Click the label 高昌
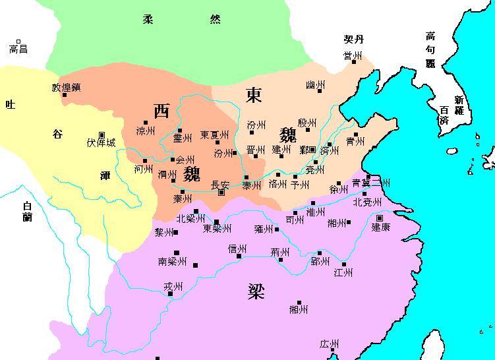click(x=18, y=49)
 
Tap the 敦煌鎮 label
click(x=66, y=87)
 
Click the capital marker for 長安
click(x=222, y=193)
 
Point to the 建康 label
click(x=380, y=227)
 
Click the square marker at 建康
click(x=380, y=218)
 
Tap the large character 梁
click(x=256, y=291)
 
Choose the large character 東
click(x=254, y=95)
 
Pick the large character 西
click(x=161, y=110)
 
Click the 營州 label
click(x=353, y=57)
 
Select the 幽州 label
click(x=315, y=86)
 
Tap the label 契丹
click(x=353, y=40)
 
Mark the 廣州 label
click(x=329, y=345)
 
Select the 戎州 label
click(x=173, y=286)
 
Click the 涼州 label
click(x=146, y=131)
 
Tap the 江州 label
click(x=343, y=272)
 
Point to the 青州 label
click(x=355, y=141)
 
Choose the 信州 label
click(x=237, y=249)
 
